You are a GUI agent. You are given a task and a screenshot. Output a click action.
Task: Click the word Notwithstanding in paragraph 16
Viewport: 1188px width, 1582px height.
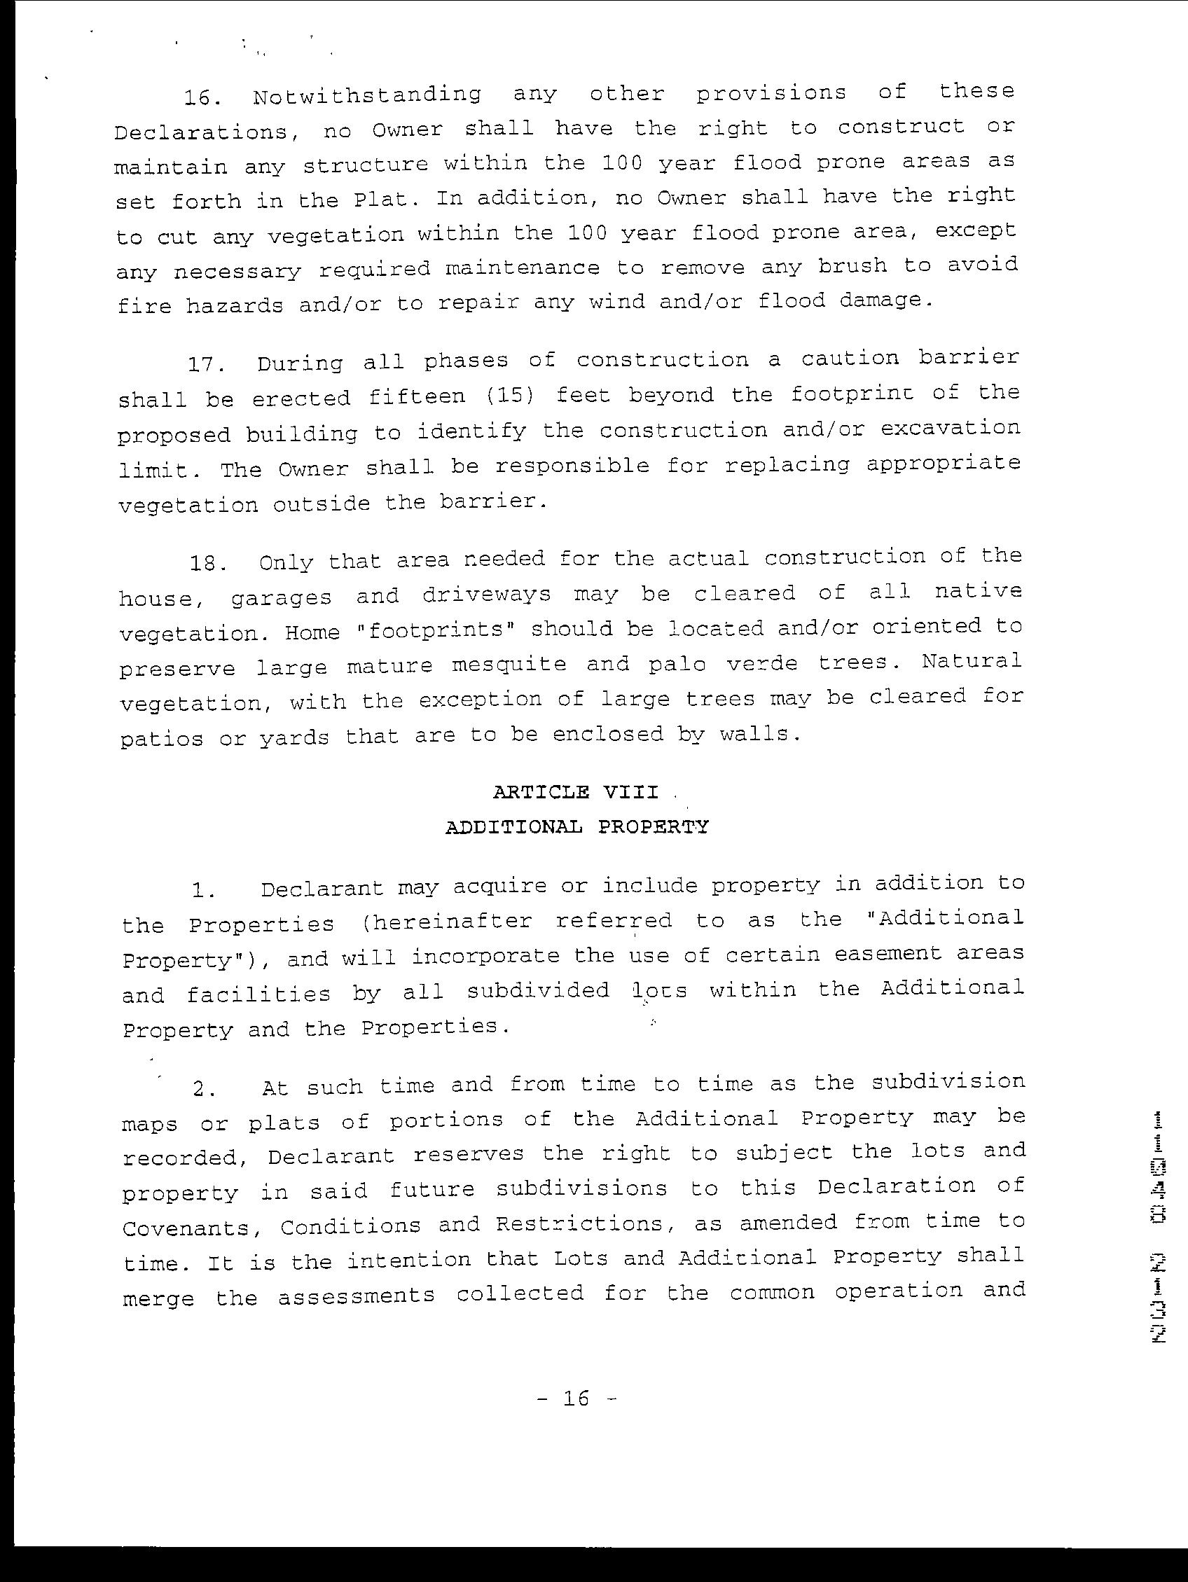pyautogui.click(x=367, y=95)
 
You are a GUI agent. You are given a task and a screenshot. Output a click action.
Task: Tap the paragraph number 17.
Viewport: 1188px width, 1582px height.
pyautogui.click(x=207, y=365)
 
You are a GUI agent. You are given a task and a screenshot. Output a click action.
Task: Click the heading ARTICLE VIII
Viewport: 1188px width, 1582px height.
pyautogui.click(x=575, y=793)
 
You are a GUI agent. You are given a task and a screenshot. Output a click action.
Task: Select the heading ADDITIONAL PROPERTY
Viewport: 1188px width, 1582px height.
pyautogui.click(x=576, y=828)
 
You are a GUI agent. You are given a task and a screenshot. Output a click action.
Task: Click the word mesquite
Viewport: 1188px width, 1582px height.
pyautogui.click(x=509, y=665)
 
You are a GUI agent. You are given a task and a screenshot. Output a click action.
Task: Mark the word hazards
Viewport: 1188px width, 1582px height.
pyautogui.click(x=235, y=306)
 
